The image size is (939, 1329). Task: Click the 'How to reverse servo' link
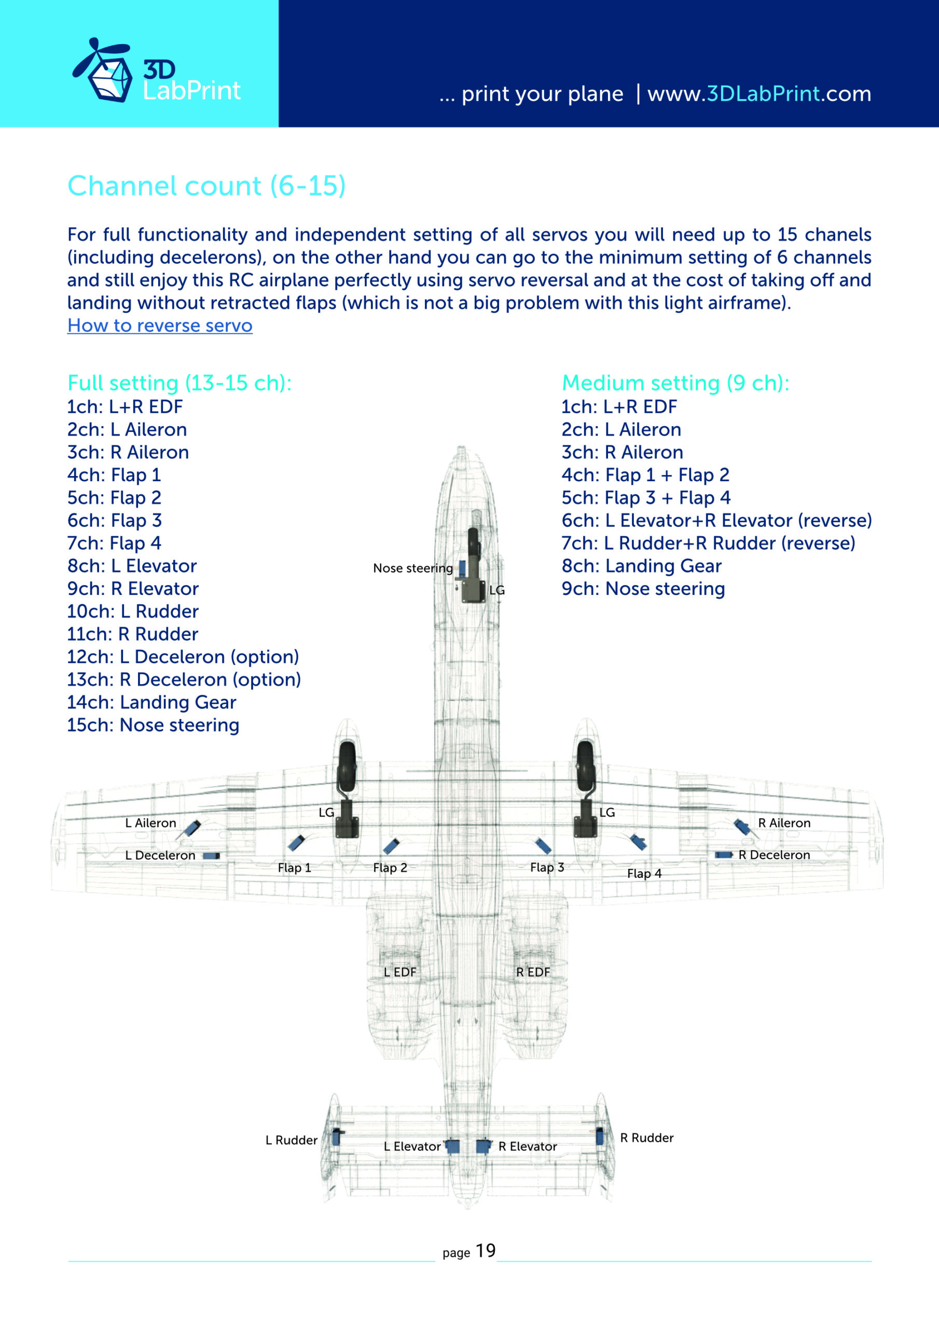click(160, 326)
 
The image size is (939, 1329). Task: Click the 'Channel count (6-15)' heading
click(206, 186)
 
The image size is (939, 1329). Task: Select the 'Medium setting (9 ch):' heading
click(675, 383)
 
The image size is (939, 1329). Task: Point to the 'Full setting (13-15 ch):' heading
click(179, 383)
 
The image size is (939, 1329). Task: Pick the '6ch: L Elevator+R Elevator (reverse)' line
click(716, 520)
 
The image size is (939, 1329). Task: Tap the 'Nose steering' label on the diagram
click(412, 568)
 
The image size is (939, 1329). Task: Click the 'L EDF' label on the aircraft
click(400, 972)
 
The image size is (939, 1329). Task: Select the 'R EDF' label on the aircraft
click(533, 972)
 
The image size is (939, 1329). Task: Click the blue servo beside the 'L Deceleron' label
click(212, 856)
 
